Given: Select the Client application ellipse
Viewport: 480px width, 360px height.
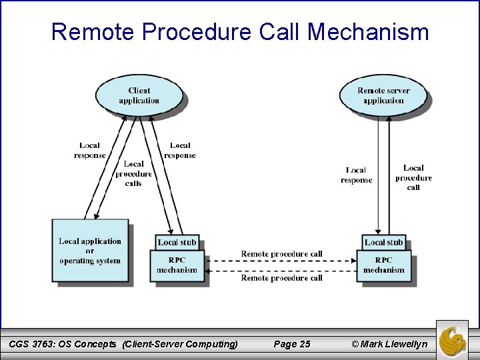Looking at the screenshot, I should (139, 96).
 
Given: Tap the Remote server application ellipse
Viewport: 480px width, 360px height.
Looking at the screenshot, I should (383, 96).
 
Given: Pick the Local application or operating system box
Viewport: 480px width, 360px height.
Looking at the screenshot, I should (90, 251).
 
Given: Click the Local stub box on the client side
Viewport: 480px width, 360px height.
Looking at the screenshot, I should (177, 242).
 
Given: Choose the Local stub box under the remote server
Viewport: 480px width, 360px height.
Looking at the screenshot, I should (383, 242).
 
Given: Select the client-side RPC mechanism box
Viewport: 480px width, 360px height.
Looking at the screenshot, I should (177, 265).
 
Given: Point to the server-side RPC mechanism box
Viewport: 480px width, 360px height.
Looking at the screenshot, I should (383, 265).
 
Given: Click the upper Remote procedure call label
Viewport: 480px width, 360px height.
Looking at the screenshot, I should (281, 254).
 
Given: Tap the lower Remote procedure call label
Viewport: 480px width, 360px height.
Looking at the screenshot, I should (281, 278).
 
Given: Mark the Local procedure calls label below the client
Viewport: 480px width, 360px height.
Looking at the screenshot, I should (133, 173).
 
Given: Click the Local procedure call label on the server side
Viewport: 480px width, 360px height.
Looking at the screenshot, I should (413, 177).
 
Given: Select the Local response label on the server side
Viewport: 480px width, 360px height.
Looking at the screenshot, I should (356, 175).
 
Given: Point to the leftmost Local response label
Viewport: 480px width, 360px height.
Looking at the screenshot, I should (90, 150).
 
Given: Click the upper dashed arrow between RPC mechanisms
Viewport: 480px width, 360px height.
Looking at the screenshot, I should (281, 261).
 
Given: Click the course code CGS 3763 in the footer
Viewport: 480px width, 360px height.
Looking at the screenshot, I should (35, 344).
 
